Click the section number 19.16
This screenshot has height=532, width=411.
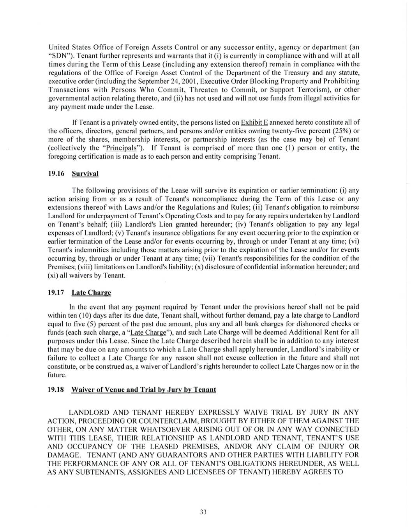[x=56, y=173]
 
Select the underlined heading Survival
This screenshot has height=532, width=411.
[x=85, y=173]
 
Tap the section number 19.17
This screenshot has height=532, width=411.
[x=56, y=293]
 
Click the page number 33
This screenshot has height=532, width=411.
[x=203, y=512]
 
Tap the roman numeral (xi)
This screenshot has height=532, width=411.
[x=53, y=276]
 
